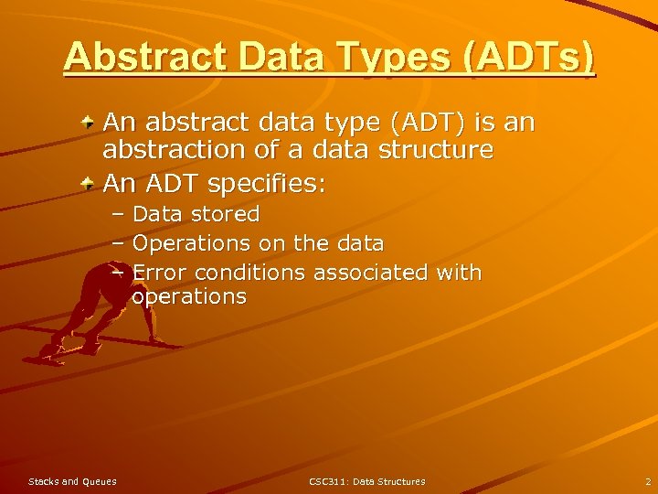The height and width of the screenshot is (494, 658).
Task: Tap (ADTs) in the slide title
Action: tap(529, 57)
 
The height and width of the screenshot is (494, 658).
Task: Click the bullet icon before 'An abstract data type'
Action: tap(87, 122)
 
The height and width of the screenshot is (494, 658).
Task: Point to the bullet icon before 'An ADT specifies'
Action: tap(87, 185)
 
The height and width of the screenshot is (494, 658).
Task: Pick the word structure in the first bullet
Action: tap(429, 149)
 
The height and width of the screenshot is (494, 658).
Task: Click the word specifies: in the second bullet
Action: tap(266, 184)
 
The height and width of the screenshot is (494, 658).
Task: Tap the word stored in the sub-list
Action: tap(226, 214)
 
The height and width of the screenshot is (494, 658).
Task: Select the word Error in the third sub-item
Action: tap(160, 273)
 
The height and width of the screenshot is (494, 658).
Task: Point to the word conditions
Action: tap(250, 273)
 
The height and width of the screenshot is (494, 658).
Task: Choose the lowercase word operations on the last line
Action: tap(189, 296)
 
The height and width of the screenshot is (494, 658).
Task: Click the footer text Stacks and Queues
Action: tap(72, 481)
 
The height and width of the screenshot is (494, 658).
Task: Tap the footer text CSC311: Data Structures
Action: tap(366, 481)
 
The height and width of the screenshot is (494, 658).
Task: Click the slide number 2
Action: tap(647, 481)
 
